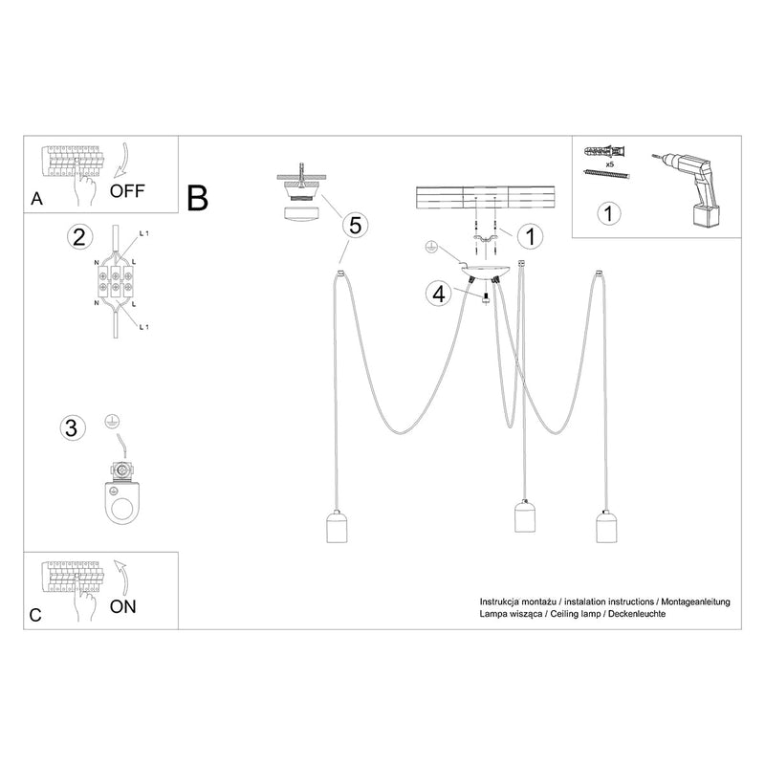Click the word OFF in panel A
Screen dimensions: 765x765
point(127,190)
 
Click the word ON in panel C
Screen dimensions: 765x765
point(123,606)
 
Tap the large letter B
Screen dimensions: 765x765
point(198,198)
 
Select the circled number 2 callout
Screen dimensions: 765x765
point(79,237)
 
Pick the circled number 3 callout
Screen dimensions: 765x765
point(73,427)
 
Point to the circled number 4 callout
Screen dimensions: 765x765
point(439,294)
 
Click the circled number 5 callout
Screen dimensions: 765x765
point(355,226)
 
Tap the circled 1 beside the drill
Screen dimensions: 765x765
point(608,213)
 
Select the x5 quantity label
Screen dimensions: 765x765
point(609,164)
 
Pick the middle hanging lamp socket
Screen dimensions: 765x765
point(525,515)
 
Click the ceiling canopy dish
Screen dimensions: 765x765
point(485,272)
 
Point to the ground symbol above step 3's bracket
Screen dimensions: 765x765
point(113,421)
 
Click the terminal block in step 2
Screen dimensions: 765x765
point(115,282)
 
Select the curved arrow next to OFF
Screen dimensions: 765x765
point(120,160)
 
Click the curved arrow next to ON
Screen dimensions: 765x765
point(120,577)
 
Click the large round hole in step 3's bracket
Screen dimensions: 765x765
point(120,510)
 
